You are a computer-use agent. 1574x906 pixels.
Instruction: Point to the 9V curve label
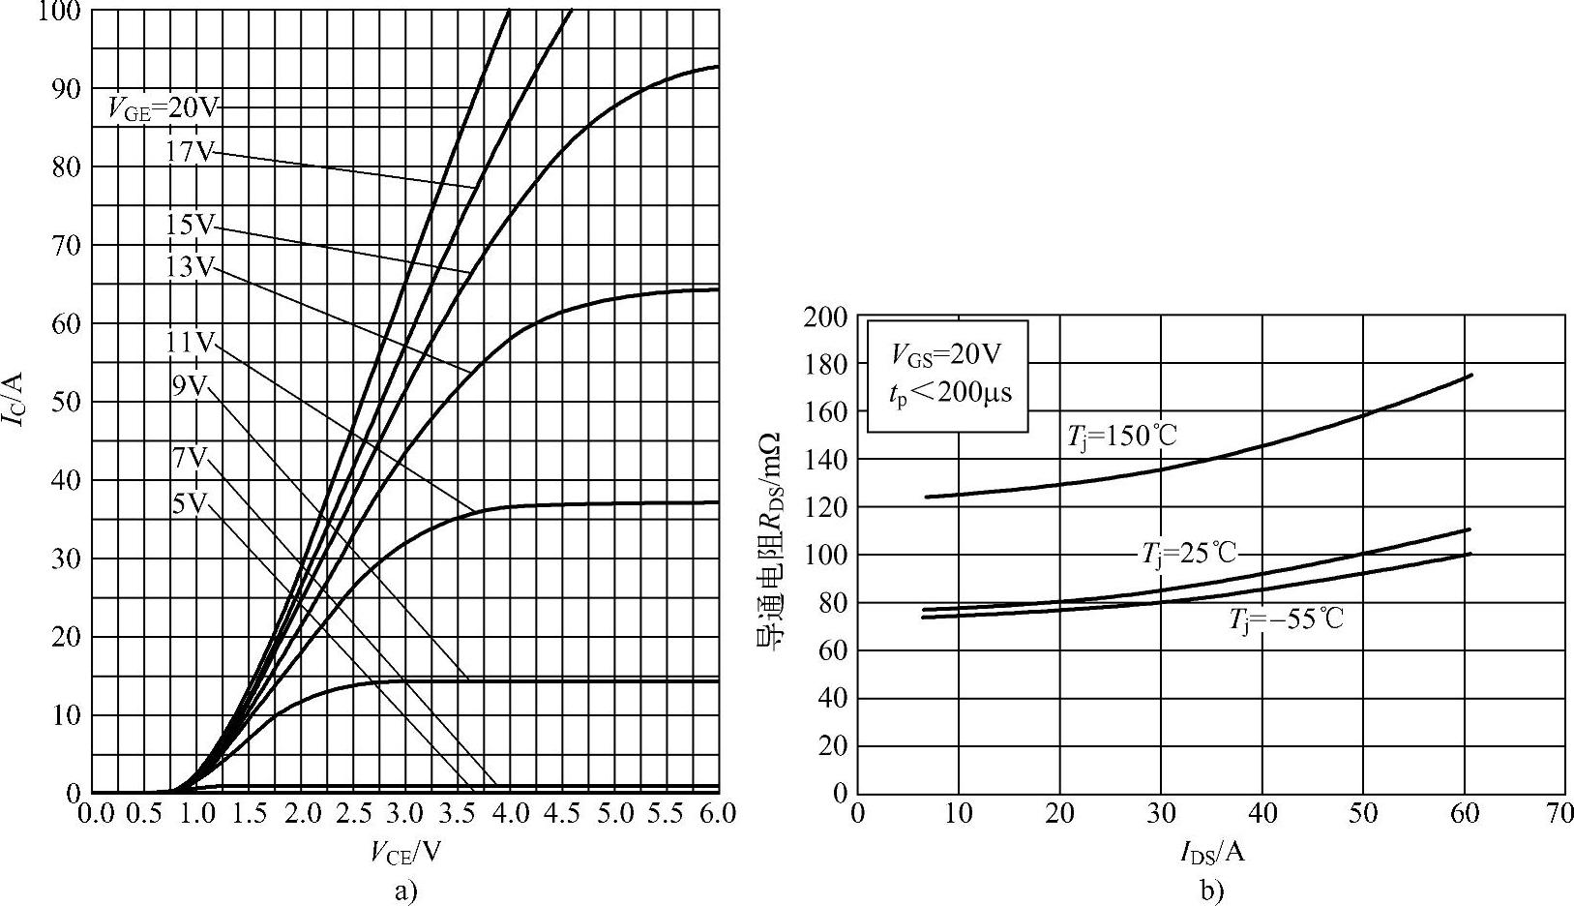click(190, 385)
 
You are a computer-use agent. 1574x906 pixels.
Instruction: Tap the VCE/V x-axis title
click(406, 852)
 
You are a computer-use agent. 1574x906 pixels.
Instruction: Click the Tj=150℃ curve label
click(1122, 437)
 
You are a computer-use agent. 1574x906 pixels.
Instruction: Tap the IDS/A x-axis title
click(1211, 852)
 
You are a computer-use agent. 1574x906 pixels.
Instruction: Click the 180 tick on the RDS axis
click(825, 364)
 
